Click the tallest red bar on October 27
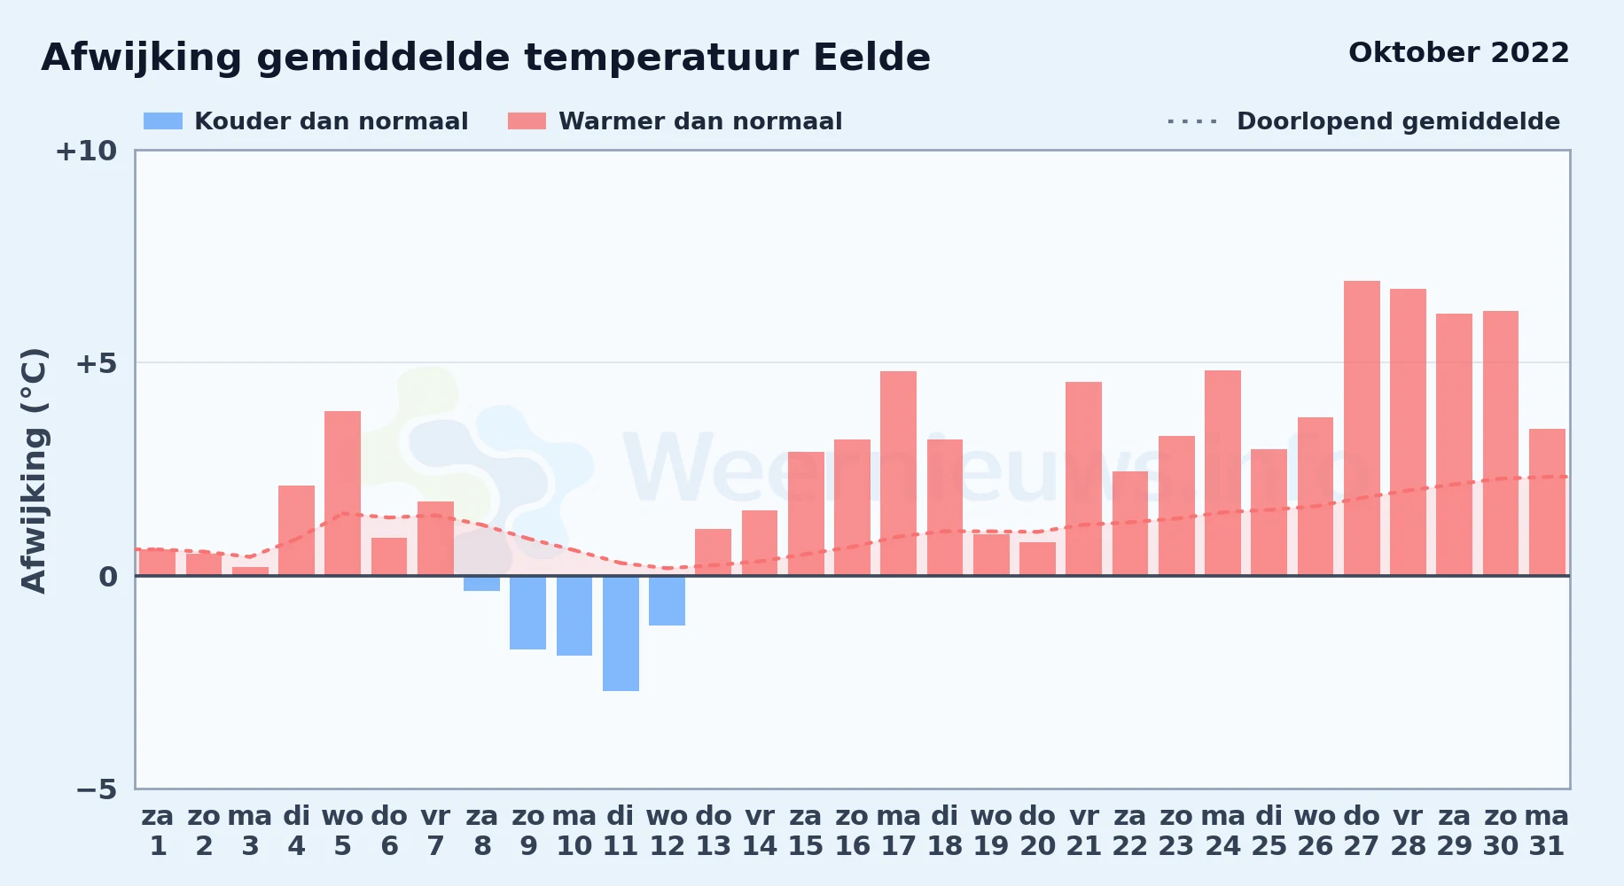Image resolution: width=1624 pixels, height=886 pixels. pos(1362,428)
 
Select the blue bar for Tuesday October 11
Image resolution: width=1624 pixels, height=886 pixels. pos(621,633)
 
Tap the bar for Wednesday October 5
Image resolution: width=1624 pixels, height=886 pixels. pos(342,494)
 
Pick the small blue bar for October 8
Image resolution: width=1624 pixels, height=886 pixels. pos(481,583)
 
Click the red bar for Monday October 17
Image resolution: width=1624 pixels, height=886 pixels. pos(898,473)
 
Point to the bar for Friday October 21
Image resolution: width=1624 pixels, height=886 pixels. pos(1083,478)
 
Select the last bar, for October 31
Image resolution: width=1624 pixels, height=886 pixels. pos(1547,502)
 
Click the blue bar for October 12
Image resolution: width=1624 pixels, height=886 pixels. pos(667,601)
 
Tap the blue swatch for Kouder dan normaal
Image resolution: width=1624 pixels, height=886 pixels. pos(163,121)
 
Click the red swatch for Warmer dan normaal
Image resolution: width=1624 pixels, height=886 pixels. pos(527,121)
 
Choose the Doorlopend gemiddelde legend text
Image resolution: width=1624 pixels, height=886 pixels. pos(1398,121)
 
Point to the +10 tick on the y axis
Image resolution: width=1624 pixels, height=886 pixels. pos(86,151)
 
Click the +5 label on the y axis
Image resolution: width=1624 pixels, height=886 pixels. pos(96,363)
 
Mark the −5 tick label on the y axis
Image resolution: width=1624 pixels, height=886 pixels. pos(96,789)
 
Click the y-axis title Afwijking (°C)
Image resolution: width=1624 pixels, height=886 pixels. pos(34,470)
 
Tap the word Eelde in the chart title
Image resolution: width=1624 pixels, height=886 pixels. pos(871,58)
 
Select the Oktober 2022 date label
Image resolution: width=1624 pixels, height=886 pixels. pos(1458,52)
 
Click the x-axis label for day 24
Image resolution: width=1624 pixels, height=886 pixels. pos(1222,830)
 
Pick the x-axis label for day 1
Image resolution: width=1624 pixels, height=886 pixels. pos(158,830)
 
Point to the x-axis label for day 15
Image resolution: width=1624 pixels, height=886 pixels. pos(806,830)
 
